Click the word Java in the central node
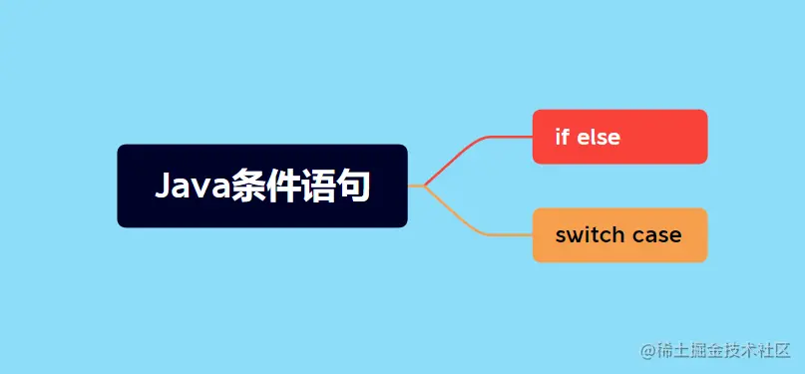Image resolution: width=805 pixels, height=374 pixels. pos(193,187)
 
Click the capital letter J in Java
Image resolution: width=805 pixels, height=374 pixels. pos(164,187)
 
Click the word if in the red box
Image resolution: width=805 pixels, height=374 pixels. pos(561,137)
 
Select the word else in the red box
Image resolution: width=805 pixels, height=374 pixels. pos(599,137)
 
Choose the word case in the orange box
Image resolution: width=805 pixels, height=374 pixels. pos(657,235)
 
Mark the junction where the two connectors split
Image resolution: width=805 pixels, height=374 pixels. pos(424,186)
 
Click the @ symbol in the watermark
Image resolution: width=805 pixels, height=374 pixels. pos(649,350)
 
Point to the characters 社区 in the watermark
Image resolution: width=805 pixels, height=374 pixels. pos(768,350)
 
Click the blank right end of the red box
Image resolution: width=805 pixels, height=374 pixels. pos(678,137)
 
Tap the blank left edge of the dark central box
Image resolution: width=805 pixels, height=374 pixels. pos(130,187)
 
